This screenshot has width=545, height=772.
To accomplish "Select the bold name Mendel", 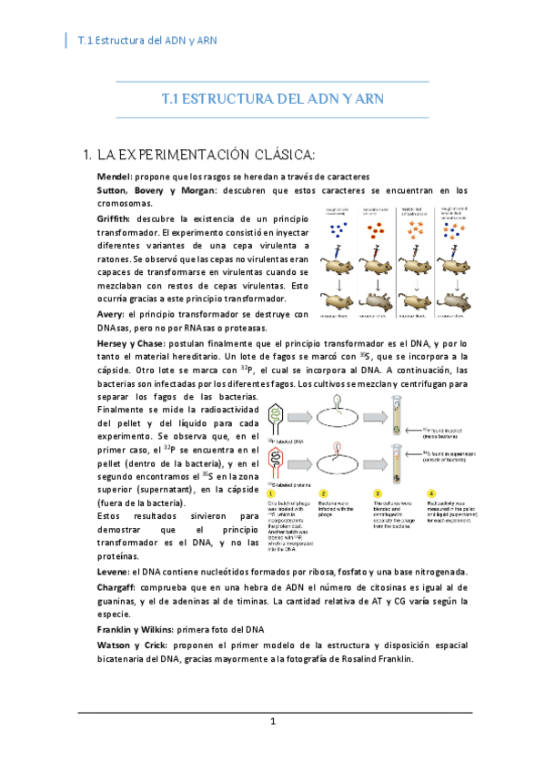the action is point(115,175).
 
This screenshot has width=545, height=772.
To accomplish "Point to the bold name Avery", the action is point(112,314).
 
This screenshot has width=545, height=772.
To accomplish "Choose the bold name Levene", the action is point(114,572).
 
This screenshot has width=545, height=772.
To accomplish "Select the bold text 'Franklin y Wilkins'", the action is point(141,630).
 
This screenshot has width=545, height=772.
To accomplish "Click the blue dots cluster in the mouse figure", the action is point(340,229).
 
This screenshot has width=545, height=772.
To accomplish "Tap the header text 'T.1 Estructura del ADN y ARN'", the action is point(146,41).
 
